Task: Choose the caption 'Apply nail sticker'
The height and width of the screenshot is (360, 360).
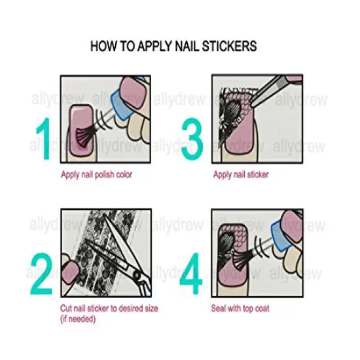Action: coord(240,175)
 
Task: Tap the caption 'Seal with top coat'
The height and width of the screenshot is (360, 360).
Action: coord(242,308)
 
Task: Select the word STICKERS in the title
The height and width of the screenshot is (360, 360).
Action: coord(230,47)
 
